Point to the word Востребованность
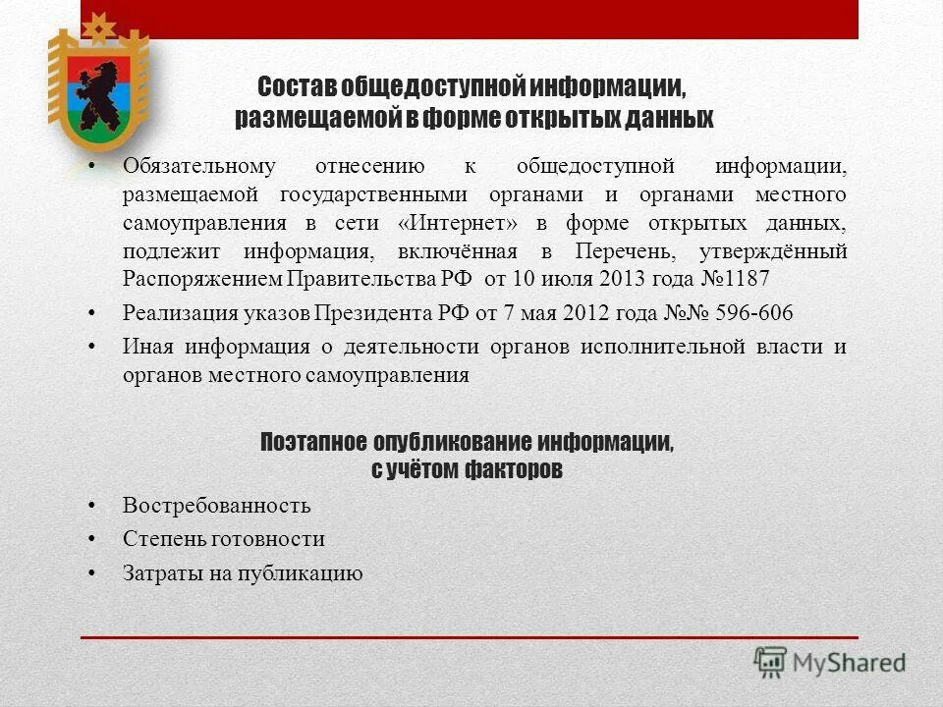216,506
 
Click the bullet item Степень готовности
223,539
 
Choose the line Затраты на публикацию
243,573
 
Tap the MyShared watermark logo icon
771,662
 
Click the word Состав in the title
298,86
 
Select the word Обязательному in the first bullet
199,166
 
